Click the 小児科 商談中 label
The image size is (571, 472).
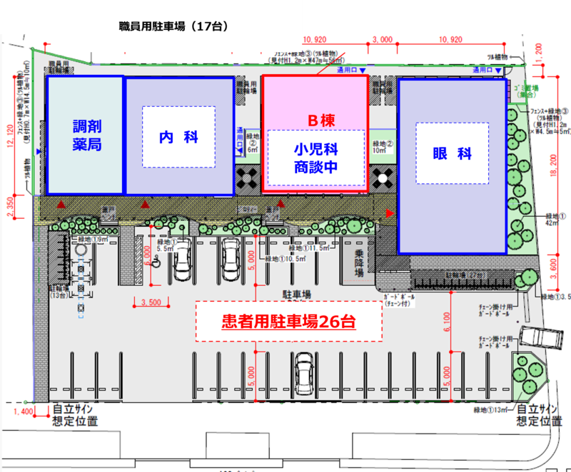point(315,159)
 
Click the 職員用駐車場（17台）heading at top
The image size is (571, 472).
point(173,26)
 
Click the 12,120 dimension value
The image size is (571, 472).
point(10,135)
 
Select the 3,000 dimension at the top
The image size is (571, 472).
point(383,41)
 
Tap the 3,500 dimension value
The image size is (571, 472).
point(153,303)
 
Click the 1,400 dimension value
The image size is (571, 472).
point(24,412)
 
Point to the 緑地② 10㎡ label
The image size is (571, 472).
point(378,145)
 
